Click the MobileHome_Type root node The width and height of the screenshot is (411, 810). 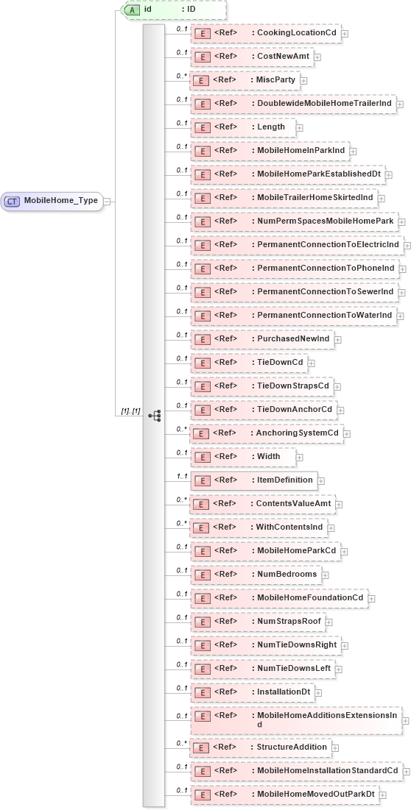pyautogui.click(x=52, y=200)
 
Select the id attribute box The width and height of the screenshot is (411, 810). pyautogui.click(x=174, y=10)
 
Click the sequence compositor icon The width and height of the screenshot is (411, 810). pyautogui.click(x=154, y=416)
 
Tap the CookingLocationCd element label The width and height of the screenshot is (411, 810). pyautogui.click(x=294, y=33)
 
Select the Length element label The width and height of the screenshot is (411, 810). pyautogui.click(x=270, y=127)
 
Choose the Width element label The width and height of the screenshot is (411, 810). pyautogui.click(x=268, y=457)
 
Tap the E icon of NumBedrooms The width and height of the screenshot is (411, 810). pyautogui.click(x=201, y=575)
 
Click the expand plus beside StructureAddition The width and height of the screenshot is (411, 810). pyautogui.click(x=335, y=747)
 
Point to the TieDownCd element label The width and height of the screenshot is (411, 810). pyautogui.click(x=279, y=363)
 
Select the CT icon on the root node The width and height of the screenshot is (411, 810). pyautogui.click(x=13, y=200)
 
